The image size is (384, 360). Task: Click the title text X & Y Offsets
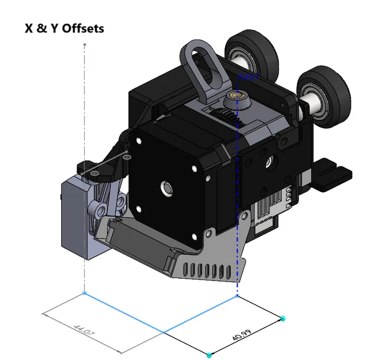tap(64, 28)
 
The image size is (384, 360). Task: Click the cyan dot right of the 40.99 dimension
tap(283, 318)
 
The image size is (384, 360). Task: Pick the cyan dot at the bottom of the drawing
tap(209, 354)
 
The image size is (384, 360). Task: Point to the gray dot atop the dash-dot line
tap(85, 44)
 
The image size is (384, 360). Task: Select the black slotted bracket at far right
tap(332, 173)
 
